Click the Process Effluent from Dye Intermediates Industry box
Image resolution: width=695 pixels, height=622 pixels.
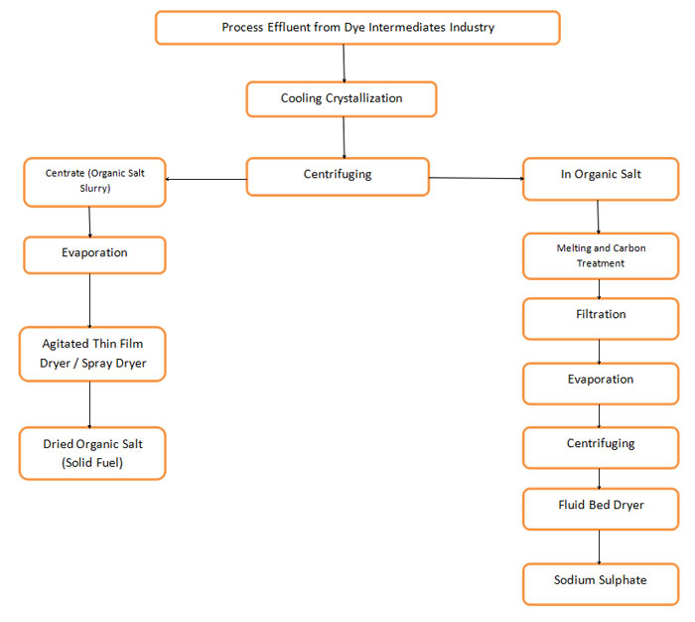[x=357, y=28]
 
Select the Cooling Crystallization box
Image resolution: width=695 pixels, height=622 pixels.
[x=342, y=99]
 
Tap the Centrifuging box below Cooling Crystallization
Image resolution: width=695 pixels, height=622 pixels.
[x=338, y=175]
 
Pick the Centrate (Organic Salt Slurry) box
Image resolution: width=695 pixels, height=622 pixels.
[x=93, y=181]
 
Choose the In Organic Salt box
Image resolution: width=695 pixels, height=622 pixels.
[x=601, y=175]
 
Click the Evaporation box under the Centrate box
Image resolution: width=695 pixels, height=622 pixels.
[x=93, y=253]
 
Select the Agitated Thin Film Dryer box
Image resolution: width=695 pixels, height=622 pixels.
[x=91, y=354]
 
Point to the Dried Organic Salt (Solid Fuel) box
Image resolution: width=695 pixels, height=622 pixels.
[x=91, y=453]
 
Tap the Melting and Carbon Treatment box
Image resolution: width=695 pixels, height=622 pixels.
[x=601, y=256]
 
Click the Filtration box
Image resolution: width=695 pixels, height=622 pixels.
[x=601, y=315]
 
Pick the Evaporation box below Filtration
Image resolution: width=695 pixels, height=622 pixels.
[x=601, y=381]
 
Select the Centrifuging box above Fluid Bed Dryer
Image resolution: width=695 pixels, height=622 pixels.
[x=601, y=445]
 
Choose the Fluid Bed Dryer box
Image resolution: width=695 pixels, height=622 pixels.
[x=601, y=507]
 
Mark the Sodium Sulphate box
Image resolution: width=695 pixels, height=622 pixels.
[x=601, y=580]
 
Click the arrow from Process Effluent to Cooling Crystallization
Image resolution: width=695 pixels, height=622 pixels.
[x=344, y=63]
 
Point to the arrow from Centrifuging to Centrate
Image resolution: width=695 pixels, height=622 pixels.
[x=206, y=180]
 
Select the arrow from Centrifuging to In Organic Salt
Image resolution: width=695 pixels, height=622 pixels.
[x=477, y=179]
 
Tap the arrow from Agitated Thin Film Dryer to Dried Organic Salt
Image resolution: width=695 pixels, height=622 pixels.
[x=90, y=403]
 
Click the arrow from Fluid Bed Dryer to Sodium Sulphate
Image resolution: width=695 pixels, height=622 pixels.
[x=599, y=546]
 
